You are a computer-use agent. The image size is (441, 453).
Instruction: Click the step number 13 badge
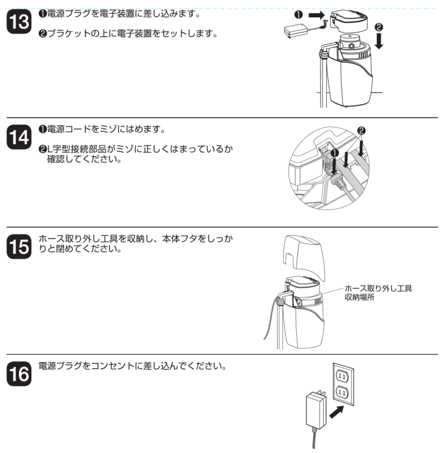16,22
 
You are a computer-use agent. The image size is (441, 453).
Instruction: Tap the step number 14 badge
16,137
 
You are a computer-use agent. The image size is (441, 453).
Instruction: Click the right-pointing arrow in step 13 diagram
317,13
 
